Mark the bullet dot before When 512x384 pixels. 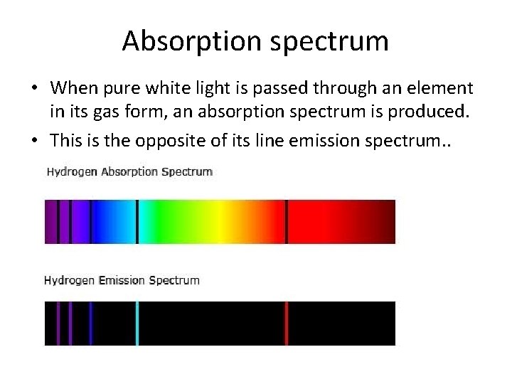33,89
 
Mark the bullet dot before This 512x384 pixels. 33,141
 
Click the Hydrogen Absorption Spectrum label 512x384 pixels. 129,171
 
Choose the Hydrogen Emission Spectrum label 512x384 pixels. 122,280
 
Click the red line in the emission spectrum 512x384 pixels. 287,324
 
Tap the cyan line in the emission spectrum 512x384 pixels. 137,324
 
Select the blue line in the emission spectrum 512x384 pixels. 91,324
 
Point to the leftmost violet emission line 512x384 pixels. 58,324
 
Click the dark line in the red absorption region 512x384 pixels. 287,222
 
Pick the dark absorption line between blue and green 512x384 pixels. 137,222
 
